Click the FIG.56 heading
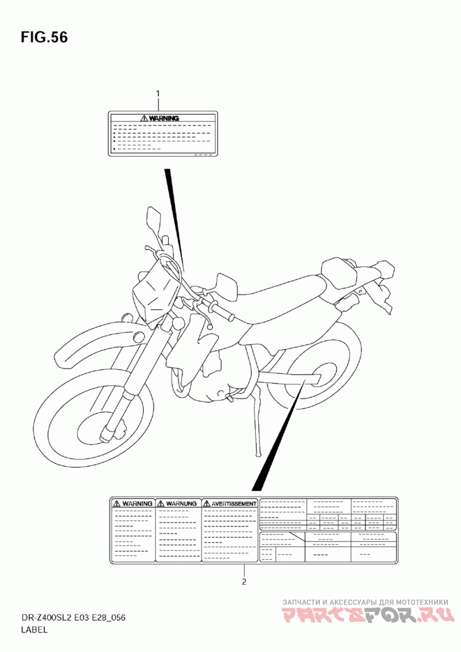[x=44, y=37]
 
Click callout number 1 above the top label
[x=158, y=92]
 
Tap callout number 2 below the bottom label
[x=244, y=581]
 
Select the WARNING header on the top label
[x=160, y=118]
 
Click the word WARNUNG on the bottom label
[x=179, y=503]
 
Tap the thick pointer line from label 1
[x=175, y=213]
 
